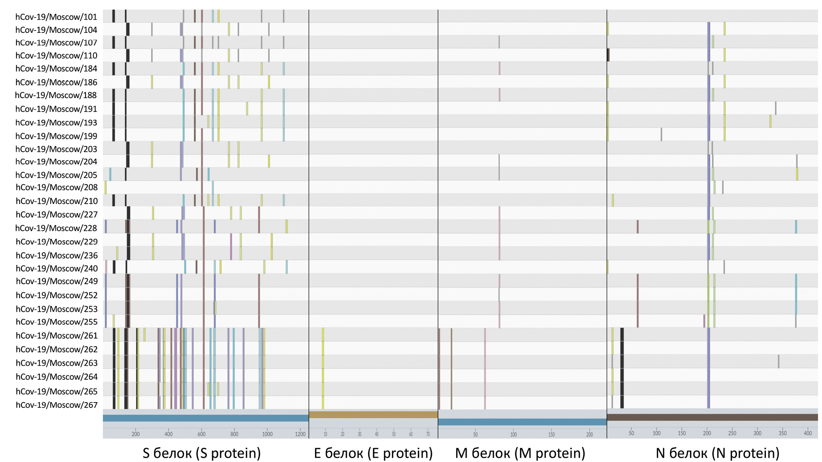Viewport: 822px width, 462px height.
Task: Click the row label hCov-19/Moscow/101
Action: click(56, 17)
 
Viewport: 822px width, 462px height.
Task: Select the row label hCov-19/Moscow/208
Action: click(56, 187)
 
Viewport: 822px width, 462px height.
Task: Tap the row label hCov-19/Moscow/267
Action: click(56, 405)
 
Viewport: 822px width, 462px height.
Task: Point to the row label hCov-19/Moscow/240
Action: click(56, 268)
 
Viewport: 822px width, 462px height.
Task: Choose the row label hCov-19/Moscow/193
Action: click(56, 123)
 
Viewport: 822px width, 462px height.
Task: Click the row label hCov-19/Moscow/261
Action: click(56, 336)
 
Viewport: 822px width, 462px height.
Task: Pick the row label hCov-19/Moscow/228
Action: click(56, 228)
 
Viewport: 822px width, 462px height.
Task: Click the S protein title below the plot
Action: click(201, 453)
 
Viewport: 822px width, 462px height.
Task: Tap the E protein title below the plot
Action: click(373, 453)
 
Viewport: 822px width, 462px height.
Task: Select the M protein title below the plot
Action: click(520, 453)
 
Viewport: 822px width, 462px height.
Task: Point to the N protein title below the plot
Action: click(717, 453)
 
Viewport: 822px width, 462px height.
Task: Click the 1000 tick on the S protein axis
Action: click(267, 434)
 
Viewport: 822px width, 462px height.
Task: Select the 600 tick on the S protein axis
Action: click(201, 434)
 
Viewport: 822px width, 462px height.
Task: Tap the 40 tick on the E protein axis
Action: click(377, 434)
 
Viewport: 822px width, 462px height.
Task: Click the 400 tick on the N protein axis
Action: click(808, 433)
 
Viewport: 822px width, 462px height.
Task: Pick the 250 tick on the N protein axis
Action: click(732, 433)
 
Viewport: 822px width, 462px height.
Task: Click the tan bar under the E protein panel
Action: click(373, 415)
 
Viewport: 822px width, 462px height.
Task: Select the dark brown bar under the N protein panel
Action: click(712, 417)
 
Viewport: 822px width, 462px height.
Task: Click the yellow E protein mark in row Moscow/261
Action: click(323, 335)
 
